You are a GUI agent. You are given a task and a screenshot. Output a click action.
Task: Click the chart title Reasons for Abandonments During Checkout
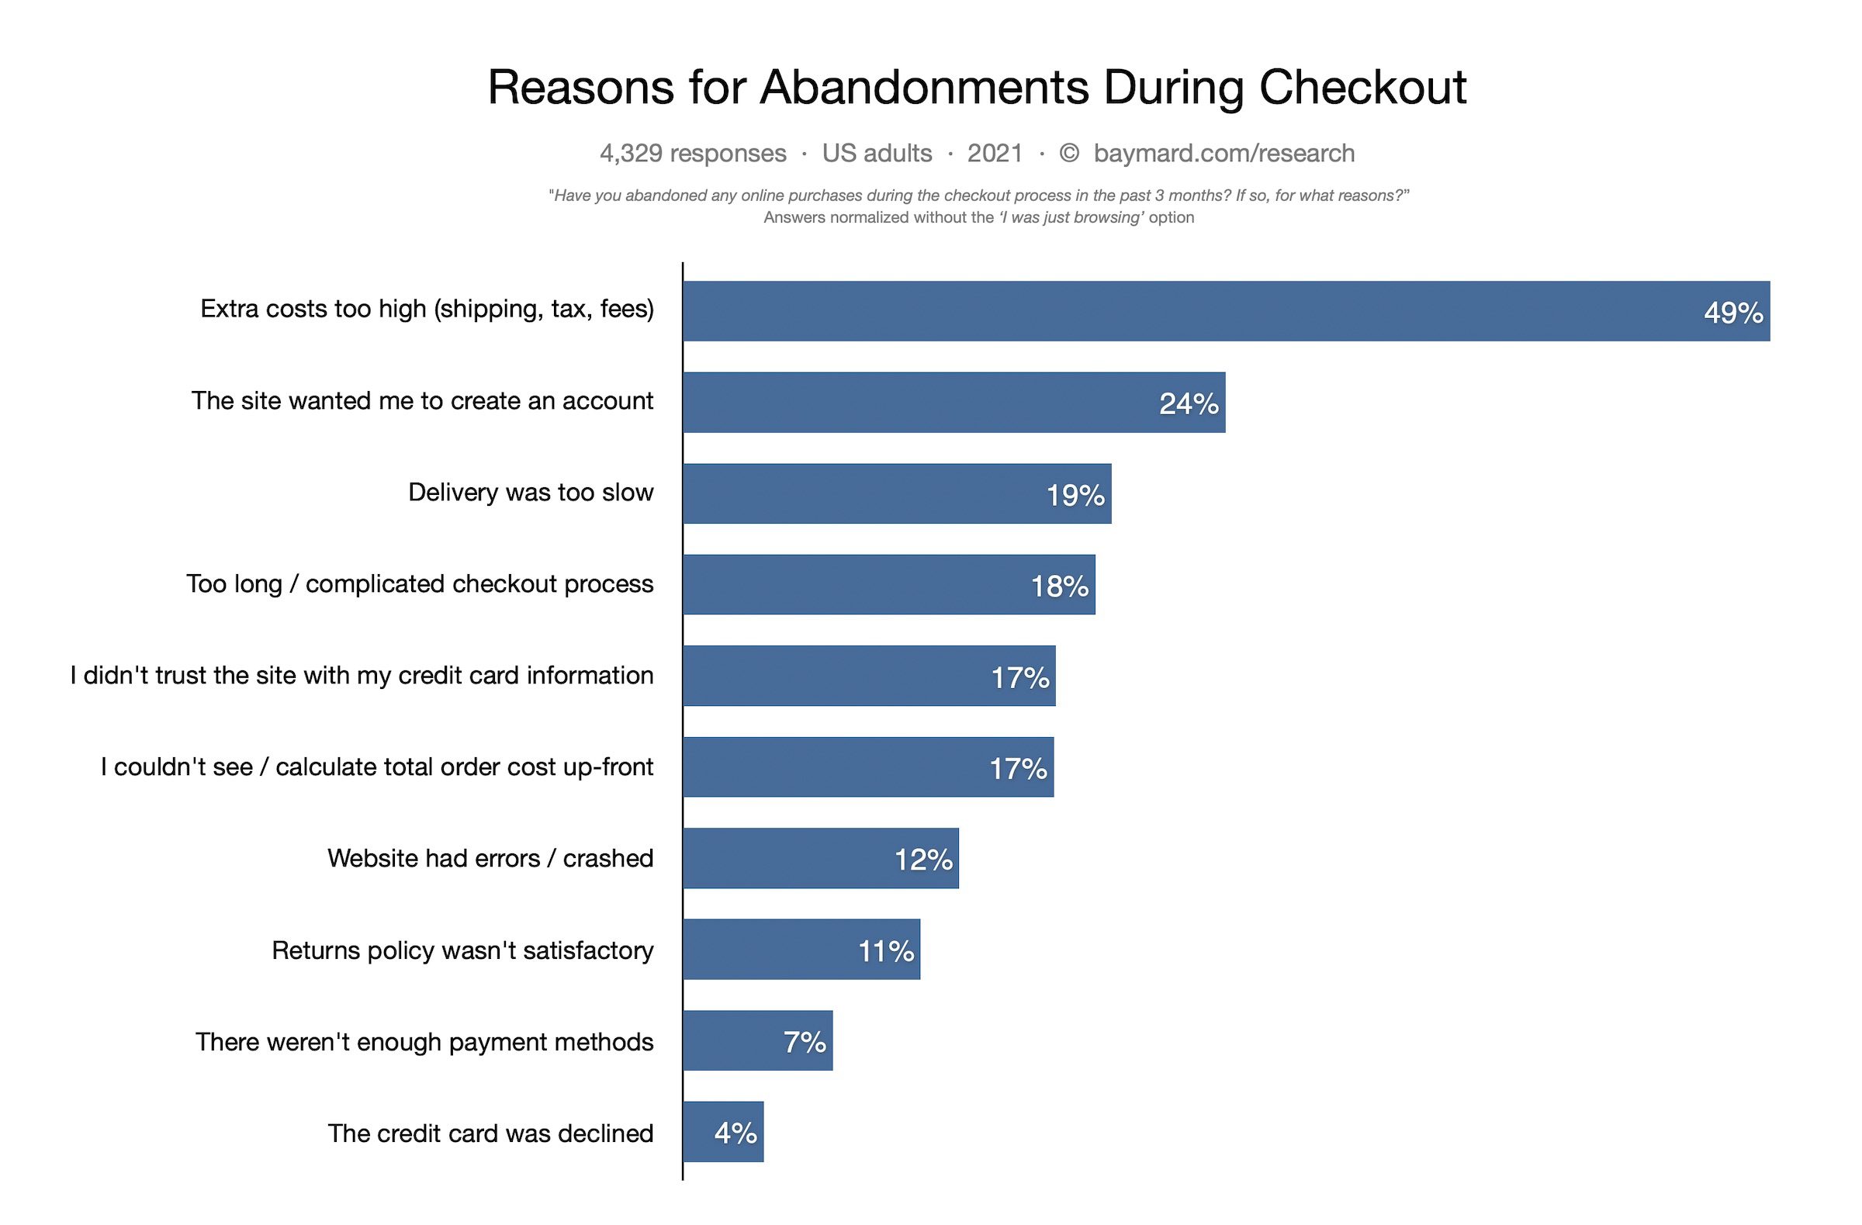pos(976,87)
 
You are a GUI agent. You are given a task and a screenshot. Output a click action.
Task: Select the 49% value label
pos(1733,313)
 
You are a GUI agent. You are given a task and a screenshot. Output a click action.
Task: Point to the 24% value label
pos(1189,403)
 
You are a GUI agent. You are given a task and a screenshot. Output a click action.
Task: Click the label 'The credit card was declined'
pos(490,1133)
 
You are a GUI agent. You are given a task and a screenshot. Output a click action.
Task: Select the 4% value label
pos(735,1133)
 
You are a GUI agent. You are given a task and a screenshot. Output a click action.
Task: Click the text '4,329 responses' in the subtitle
pos(692,154)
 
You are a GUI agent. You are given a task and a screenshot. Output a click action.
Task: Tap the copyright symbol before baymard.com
pos(1068,154)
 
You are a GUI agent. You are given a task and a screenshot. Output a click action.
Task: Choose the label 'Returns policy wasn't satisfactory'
pos(462,950)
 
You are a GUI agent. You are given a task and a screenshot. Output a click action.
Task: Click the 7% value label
pos(805,1042)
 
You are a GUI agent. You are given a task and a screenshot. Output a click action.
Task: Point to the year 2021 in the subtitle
pos(995,154)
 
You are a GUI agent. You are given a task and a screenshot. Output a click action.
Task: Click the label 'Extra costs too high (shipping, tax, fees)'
pos(427,309)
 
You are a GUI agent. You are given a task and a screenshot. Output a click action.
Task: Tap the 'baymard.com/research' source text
pos(1223,154)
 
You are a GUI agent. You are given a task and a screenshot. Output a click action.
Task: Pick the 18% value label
pos(1059,586)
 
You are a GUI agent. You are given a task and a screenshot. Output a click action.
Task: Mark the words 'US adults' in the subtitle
pos(876,154)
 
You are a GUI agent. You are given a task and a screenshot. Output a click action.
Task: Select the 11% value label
pos(886,951)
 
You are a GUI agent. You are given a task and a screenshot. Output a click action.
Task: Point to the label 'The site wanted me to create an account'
pos(423,400)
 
